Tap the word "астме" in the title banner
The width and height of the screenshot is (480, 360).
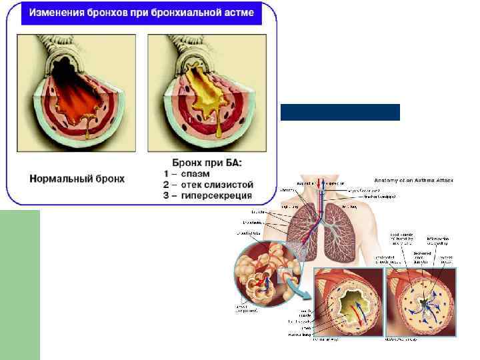click(x=233, y=13)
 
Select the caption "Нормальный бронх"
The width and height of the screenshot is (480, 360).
click(x=77, y=179)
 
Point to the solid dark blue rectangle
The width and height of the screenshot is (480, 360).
click(x=340, y=112)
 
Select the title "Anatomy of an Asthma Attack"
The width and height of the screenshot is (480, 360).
click(x=413, y=181)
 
